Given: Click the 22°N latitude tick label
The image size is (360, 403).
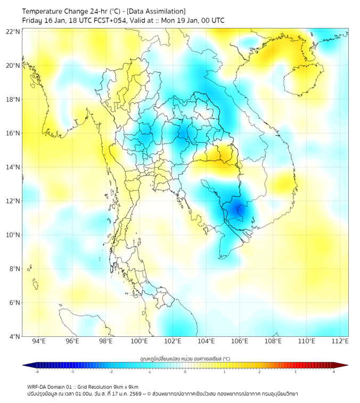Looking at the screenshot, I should (13, 31).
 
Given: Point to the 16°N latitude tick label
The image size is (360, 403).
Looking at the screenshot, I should (13, 133).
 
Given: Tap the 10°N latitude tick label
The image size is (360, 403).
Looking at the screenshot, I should (13, 235).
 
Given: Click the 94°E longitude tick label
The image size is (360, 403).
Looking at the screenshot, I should (39, 341).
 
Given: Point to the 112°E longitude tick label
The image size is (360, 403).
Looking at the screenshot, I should (339, 341).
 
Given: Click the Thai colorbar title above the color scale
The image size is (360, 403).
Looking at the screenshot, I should (185, 358).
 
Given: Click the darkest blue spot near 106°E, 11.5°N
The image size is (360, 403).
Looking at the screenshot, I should (239, 211).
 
